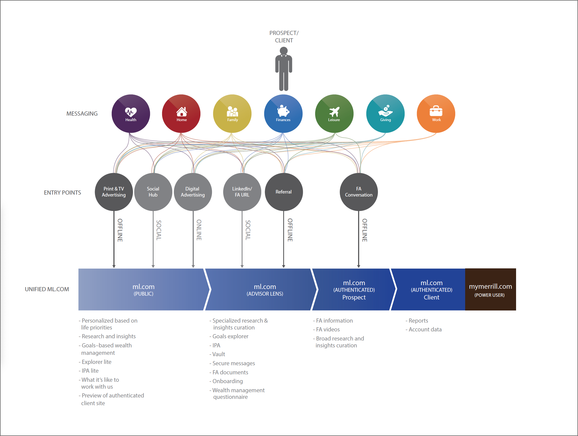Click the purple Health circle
tap(131, 114)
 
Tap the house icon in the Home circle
tap(182, 111)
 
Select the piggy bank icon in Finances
tap(283, 111)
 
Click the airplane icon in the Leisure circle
tap(334, 111)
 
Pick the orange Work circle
tap(436, 114)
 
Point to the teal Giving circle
tap(385, 114)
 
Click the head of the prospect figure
tap(284, 51)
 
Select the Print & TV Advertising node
tap(114, 192)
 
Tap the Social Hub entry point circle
tap(153, 192)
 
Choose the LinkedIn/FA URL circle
tap(242, 192)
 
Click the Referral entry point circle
tap(284, 192)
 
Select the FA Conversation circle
tap(359, 192)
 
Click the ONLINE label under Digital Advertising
tap(199, 230)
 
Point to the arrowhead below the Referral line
tap(283, 266)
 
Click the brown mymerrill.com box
tap(490, 290)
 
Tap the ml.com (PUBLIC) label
tap(143, 290)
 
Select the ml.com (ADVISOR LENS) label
tap(265, 290)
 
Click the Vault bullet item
tap(219, 354)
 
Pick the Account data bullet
tap(425, 329)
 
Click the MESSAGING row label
tap(82, 114)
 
